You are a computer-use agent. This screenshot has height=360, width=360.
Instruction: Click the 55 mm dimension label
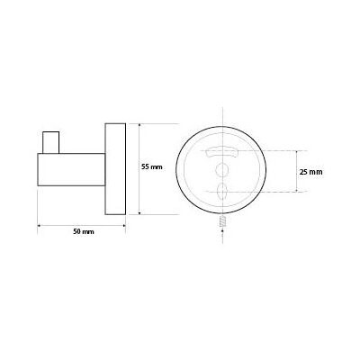pyautogui.click(x=152, y=167)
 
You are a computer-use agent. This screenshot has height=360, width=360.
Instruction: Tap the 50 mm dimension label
pyautogui.click(x=84, y=231)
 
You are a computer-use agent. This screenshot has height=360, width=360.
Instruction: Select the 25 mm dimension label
pyautogui.click(x=311, y=172)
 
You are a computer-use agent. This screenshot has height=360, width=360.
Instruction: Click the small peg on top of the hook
pyautogui.click(x=50, y=142)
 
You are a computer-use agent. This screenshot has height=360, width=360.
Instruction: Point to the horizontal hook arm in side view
pyautogui.click(x=71, y=169)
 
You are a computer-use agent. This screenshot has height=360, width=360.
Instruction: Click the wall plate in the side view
pyautogui.click(x=115, y=169)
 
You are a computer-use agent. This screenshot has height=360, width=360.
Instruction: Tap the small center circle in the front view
pyautogui.click(x=222, y=169)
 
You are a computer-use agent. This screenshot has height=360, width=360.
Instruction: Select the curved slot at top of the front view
pyautogui.click(x=221, y=152)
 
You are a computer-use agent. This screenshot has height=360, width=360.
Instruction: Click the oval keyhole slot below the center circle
pyautogui.click(x=222, y=190)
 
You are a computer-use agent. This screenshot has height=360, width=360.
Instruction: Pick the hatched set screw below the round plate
pyautogui.click(x=222, y=220)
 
